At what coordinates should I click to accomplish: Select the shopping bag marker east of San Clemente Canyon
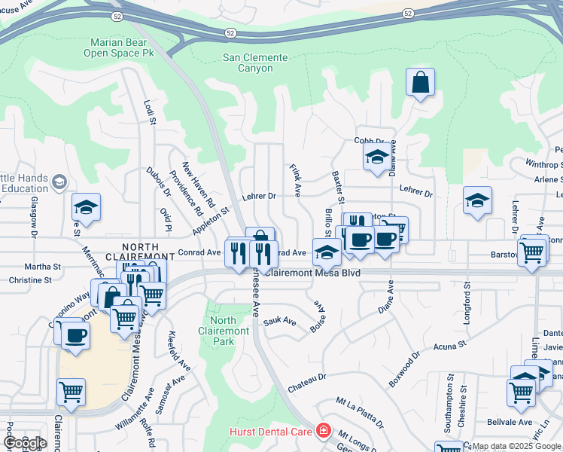(x=420, y=83)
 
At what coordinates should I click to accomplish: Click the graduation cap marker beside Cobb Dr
(x=376, y=157)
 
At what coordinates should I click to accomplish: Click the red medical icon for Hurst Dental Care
(x=324, y=431)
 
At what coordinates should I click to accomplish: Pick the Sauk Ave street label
(x=279, y=323)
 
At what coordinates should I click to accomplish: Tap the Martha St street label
(x=43, y=267)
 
